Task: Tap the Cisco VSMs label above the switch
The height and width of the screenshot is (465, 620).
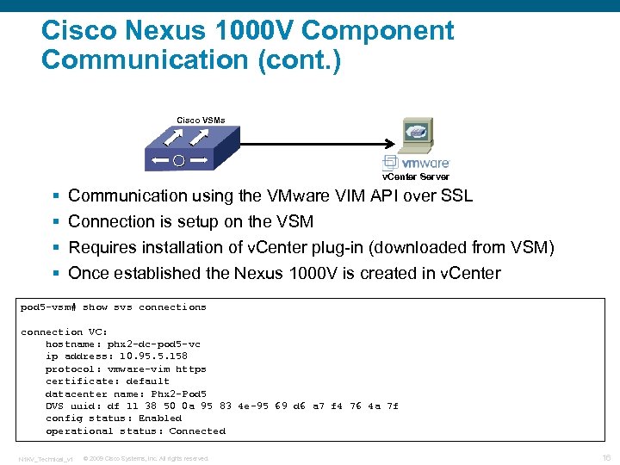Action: pos(201,120)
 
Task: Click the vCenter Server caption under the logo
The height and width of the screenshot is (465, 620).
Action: pos(416,176)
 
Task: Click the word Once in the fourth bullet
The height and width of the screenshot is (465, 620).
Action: pos(89,273)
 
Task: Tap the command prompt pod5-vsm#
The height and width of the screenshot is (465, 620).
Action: pos(49,307)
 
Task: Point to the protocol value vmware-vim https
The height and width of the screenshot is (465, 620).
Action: pos(163,369)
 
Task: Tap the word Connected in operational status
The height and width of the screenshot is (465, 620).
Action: pos(197,431)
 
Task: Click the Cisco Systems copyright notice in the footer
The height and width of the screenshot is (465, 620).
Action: pos(146,458)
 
